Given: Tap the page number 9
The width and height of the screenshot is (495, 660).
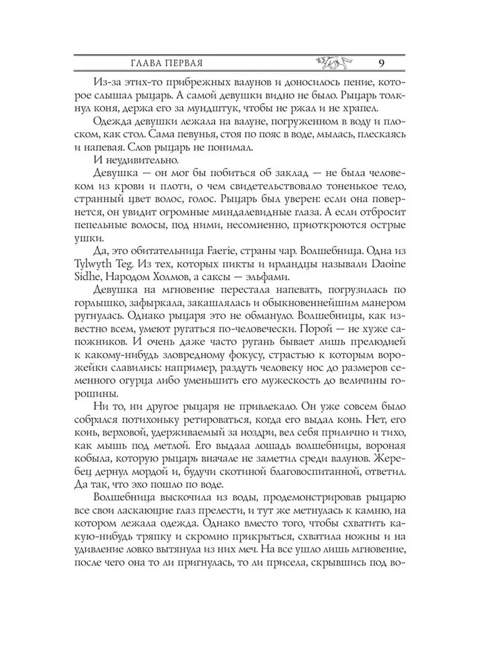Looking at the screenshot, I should (383, 63).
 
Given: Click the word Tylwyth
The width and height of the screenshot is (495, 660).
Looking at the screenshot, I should (96, 287).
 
